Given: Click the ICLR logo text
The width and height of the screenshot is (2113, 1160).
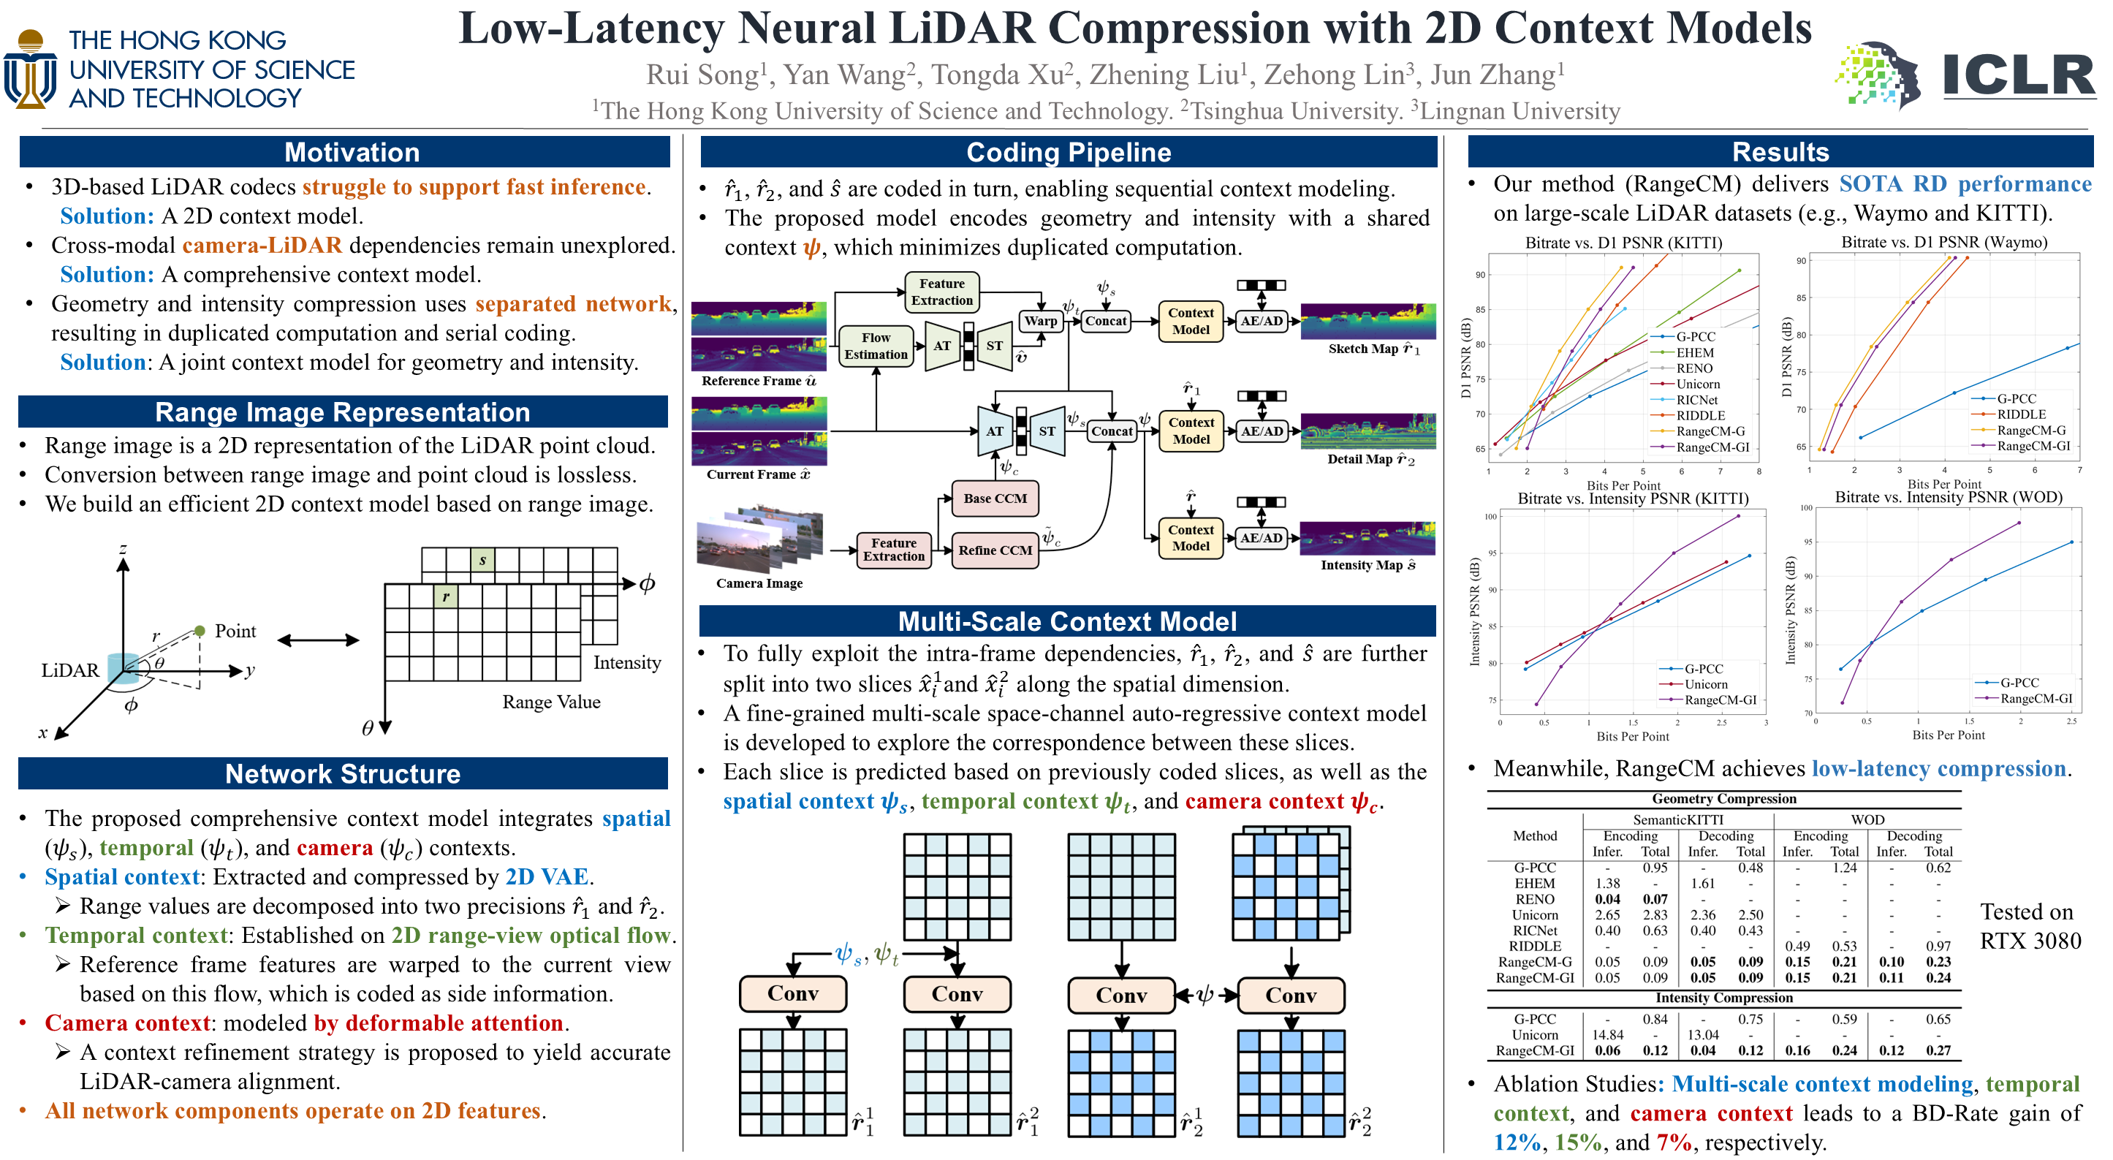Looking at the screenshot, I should point(2018,75).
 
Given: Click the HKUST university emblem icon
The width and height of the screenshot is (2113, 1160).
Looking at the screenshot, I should point(31,69).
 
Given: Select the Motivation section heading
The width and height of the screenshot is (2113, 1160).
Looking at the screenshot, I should point(351,153).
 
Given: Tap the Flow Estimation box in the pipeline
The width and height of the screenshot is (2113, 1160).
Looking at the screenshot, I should point(875,346).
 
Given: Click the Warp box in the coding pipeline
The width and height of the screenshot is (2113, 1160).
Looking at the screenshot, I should point(1040,321).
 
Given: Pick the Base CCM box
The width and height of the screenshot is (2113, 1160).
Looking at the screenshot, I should point(994,498).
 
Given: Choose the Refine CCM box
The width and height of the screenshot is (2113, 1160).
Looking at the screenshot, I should point(994,550).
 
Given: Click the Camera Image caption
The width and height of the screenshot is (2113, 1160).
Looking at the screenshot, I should point(759,583).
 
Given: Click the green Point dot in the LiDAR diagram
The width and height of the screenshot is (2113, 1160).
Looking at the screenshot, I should point(200,630).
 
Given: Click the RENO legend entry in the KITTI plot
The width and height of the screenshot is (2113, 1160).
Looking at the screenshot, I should point(1694,368).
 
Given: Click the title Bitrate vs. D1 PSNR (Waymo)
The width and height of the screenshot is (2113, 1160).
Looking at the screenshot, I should point(1943,242).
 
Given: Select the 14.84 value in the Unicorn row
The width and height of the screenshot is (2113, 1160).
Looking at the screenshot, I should point(1607,1034).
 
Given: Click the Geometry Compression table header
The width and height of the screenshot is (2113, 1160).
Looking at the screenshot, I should point(1723,799).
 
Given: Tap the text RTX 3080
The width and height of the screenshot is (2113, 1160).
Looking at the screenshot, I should point(2030,941).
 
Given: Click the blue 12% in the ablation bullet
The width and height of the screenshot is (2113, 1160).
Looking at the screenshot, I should point(1517,1142).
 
